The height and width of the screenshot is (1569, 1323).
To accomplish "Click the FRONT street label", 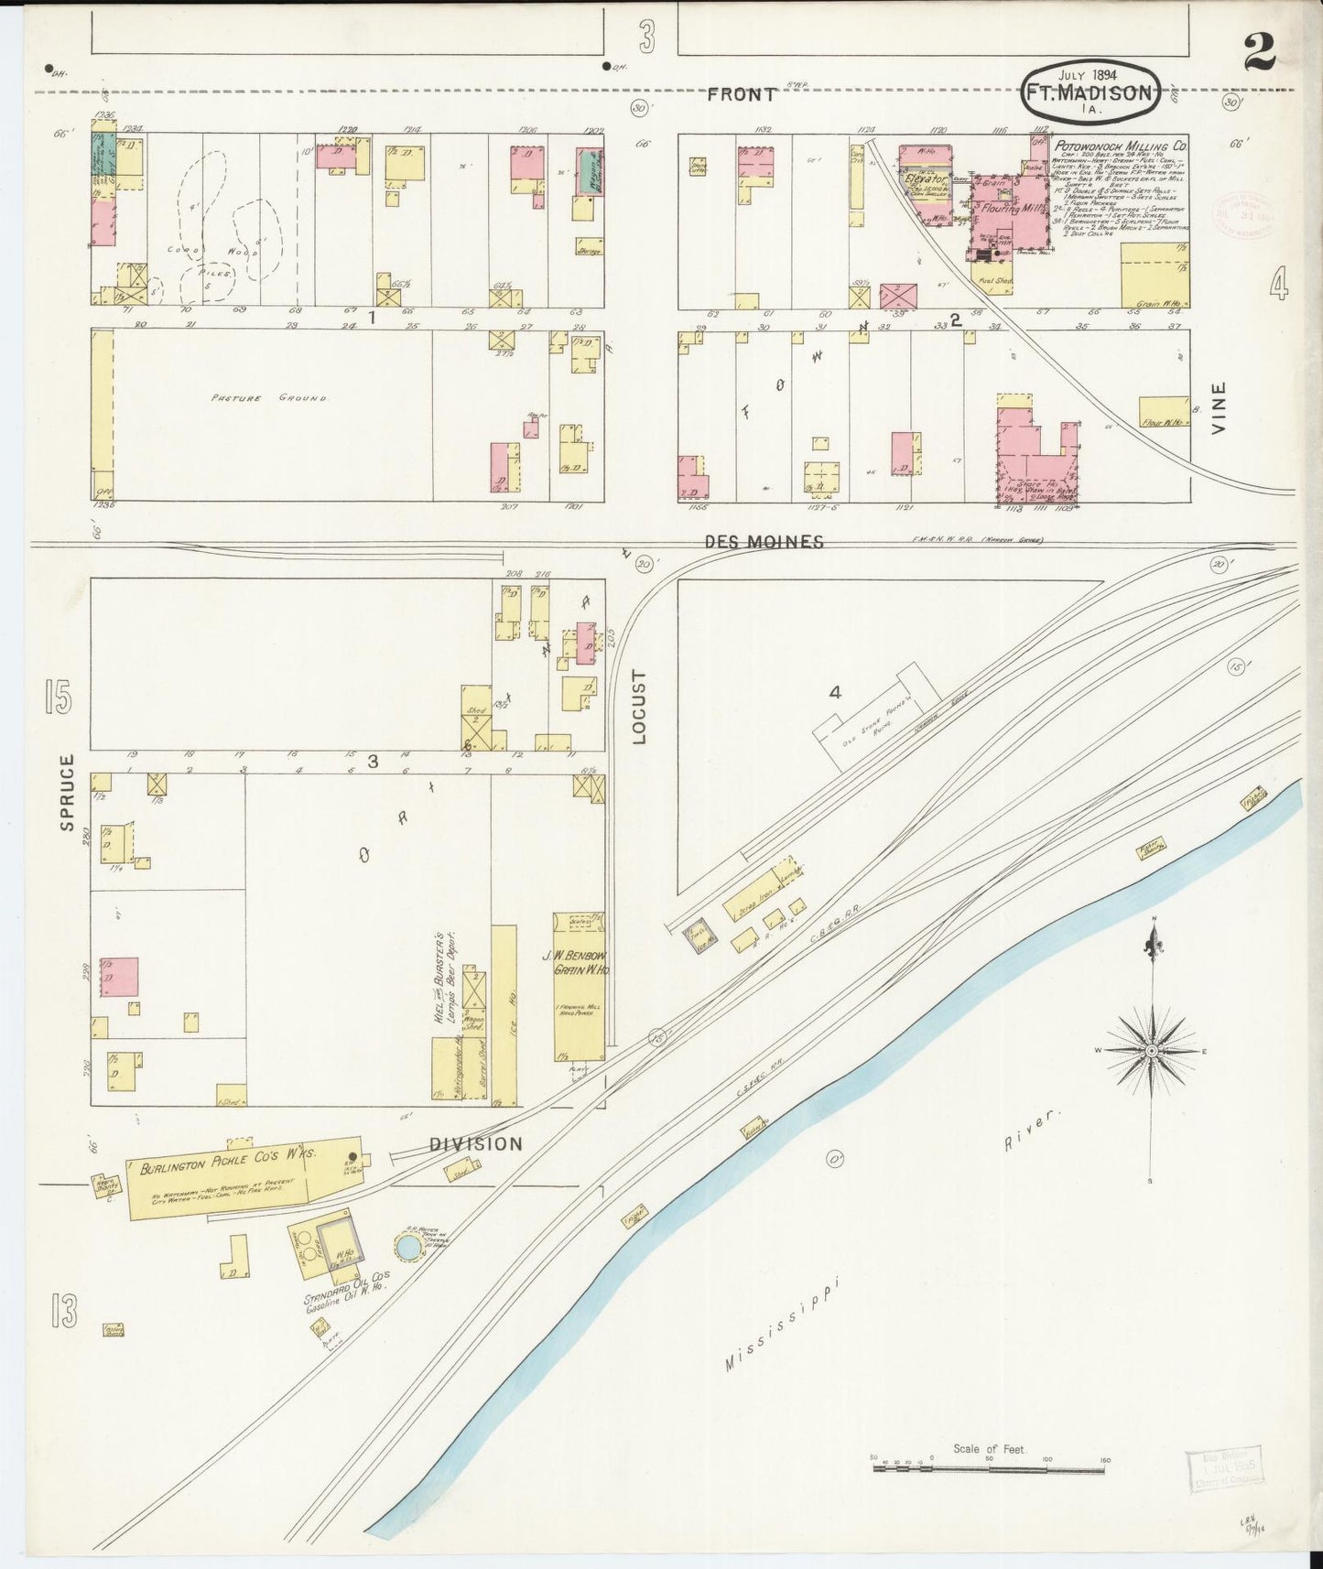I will point(743,93).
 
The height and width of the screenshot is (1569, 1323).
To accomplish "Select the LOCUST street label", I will point(639,707).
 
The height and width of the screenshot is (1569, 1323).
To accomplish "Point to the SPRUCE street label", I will point(66,792).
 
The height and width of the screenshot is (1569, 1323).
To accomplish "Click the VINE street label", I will point(1218,406).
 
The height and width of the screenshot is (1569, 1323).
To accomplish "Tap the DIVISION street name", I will point(476,1143).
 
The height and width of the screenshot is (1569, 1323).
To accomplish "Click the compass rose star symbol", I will point(1151,1051).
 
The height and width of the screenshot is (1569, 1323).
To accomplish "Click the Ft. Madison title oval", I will point(1090,92).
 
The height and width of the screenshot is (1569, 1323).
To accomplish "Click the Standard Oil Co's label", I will point(349,1299).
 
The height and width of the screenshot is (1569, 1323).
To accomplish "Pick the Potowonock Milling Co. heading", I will point(1120,145).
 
